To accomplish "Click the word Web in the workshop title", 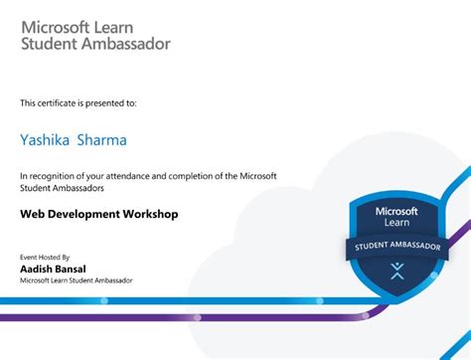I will (x=31, y=213).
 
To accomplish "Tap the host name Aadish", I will (x=36, y=269).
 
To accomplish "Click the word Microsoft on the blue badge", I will (x=397, y=211).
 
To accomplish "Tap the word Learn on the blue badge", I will (x=397, y=223).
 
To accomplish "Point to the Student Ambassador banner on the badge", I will (x=397, y=246).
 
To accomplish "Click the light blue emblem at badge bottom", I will (x=397, y=270).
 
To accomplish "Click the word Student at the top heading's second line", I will (x=49, y=43).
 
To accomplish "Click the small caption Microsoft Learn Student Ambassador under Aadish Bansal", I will (x=77, y=280).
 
